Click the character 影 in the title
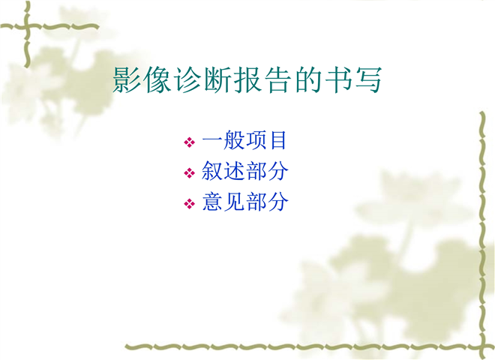[x=126, y=79]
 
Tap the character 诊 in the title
[x=187, y=79]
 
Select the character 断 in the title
[x=217, y=79]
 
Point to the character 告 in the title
[x=277, y=79]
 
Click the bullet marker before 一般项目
[x=190, y=142]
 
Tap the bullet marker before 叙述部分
[x=190, y=172]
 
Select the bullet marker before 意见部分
[x=190, y=203]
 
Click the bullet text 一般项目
[x=244, y=140]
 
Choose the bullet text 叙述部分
[x=245, y=171]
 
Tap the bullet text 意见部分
[x=245, y=202]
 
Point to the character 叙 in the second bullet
[x=212, y=171]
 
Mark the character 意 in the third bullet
[x=212, y=202]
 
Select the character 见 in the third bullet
[x=234, y=202]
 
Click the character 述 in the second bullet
[x=234, y=171]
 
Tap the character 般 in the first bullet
[x=234, y=140]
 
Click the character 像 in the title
[x=157, y=79]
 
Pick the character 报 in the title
[x=247, y=79]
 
